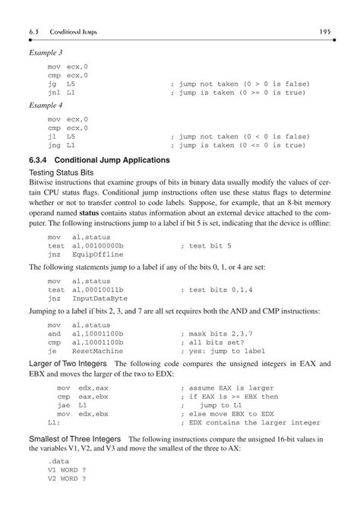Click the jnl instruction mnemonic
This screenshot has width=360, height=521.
pos(54,93)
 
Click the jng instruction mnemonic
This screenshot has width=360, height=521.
pos(54,144)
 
